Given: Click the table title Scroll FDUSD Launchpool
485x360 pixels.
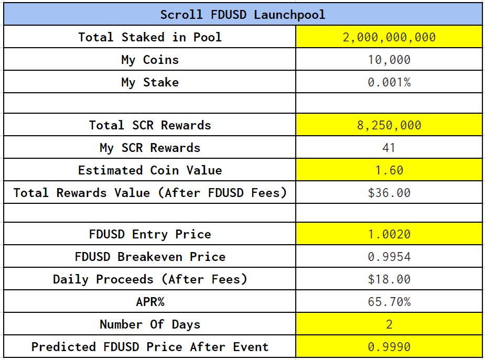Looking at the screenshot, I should pyautogui.click(x=242, y=14).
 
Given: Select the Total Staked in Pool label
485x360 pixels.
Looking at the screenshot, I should pyautogui.click(x=149, y=37).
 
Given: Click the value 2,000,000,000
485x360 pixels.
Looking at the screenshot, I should pyautogui.click(x=389, y=37).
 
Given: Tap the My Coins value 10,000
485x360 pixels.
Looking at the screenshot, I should pyautogui.click(x=389, y=60).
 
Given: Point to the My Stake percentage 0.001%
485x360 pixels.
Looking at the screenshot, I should pyautogui.click(x=389, y=82).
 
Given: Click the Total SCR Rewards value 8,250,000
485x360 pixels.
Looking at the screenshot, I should pyautogui.click(x=389, y=125).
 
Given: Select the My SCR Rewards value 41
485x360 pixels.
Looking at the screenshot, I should pyautogui.click(x=389, y=148).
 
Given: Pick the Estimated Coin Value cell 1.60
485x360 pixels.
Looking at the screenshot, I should pyautogui.click(x=389, y=170).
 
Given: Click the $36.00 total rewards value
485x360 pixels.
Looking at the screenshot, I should pyautogui.click(x=389, y=193).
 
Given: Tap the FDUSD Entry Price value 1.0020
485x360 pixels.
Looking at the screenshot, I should pyautogui.click(x=389, y=234).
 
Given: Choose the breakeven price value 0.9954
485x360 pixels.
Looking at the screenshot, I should pyautogui.click(x=389, y=257).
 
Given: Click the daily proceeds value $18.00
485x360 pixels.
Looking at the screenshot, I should pyautogui.click(x=389, y=279).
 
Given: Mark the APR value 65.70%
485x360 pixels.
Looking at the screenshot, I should pyautogui.click(x=389, y=302).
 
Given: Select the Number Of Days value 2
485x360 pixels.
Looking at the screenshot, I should pyautogui.click(x=389, y=324).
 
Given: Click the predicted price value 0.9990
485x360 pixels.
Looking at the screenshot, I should pyautogui.click(x=389, y=347).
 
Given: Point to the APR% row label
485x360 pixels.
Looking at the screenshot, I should pyautogui.click(x=149, y=302).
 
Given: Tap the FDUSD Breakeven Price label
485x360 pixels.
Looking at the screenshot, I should pyautogui.click(x=149, y=257).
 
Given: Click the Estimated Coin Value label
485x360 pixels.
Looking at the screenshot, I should pyautogui.click(x=149, y=170).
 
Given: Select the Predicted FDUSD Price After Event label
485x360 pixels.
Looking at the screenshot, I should pyautogui.click(x=149, y=347).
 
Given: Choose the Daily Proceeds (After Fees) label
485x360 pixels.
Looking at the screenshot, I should pyautogui.click(x=149, y=279).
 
